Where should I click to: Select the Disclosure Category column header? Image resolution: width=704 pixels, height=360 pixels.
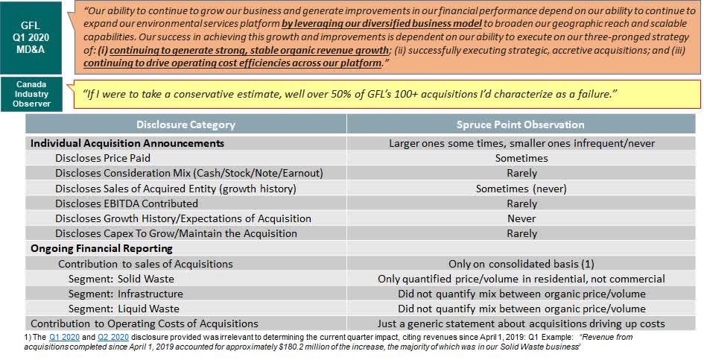(185, 124)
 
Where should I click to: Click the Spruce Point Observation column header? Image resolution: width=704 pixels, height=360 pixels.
(521, 124)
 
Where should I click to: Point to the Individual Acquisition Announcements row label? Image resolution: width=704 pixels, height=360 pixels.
(127, 143)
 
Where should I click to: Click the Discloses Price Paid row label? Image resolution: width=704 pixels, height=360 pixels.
(103, 158)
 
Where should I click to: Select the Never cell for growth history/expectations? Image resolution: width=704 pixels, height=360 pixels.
(521, 218)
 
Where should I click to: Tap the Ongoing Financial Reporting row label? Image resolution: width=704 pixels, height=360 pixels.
(101, 248)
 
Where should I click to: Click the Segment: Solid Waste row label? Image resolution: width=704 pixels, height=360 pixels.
(121, 279)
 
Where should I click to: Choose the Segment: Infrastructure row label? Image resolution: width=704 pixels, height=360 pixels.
(125, 294)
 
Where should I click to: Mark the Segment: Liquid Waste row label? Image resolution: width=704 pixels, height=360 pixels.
(124, 309)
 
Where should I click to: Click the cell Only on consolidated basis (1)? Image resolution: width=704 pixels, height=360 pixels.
(521, 264)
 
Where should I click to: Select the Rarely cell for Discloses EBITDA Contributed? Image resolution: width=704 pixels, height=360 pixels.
(521, 203)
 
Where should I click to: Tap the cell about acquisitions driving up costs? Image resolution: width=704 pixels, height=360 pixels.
(521, 323)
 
